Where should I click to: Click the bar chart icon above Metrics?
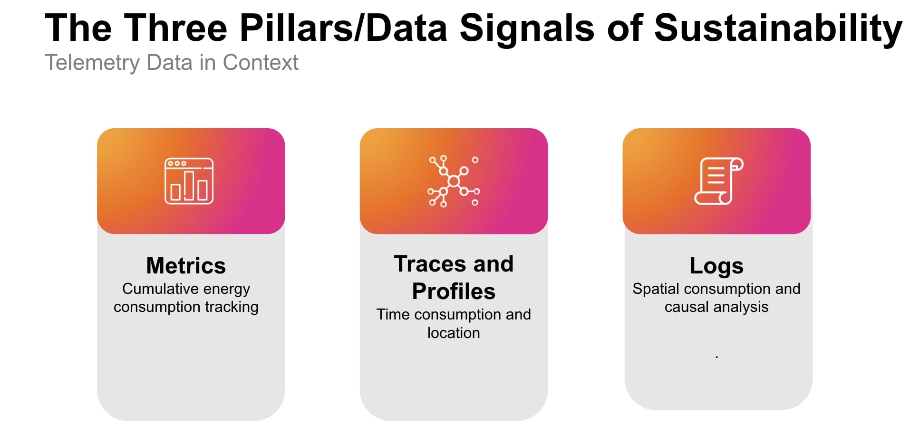[x=189, y=181]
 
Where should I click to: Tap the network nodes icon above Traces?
[x=454, y=181]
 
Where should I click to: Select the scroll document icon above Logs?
[x=718, y=181]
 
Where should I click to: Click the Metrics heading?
[x=186, y=265]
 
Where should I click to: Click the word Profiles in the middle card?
[x=454, y=291]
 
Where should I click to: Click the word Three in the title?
[x=176, y=28]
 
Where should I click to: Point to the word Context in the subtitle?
[x=261, y=62]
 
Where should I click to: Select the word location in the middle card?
[x=454, y=333]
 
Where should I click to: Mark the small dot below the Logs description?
[x=716, y=357]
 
